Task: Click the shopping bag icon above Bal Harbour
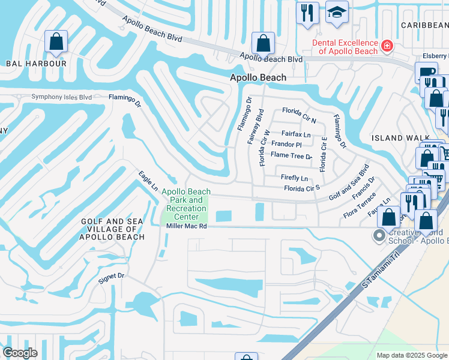click(56, 42)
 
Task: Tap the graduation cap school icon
click(337, 12)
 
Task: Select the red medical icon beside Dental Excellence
click(387, 45)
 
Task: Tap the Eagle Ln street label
click(147, 180)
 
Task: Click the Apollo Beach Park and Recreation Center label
click(186, 204)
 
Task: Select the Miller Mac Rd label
click(187, 226)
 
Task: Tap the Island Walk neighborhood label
click(395, 138)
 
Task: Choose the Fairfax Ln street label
click(297, 134)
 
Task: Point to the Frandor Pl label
click(286, 145)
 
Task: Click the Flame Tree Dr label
click(291, 155)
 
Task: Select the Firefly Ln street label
click(294, 178)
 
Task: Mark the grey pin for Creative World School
click(379, 235)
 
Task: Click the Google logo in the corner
click(20, 353)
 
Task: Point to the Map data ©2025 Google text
click(411, 355)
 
